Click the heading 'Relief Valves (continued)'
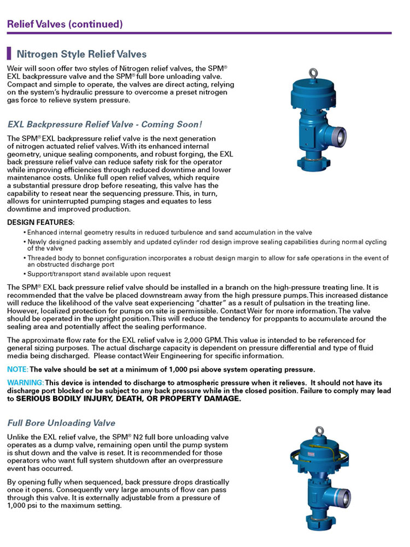[x=65, y=24]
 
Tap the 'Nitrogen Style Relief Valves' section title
[x=81, y=54]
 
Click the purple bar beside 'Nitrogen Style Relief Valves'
[x=9, y=54]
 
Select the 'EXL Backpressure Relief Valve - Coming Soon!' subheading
[x=105, y=124]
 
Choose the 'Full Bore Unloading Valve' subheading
[x=61, y=423]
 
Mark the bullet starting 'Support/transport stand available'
[x=98, y=273]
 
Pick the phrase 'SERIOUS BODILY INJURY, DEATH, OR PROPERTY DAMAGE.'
[x=128, y=399]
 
